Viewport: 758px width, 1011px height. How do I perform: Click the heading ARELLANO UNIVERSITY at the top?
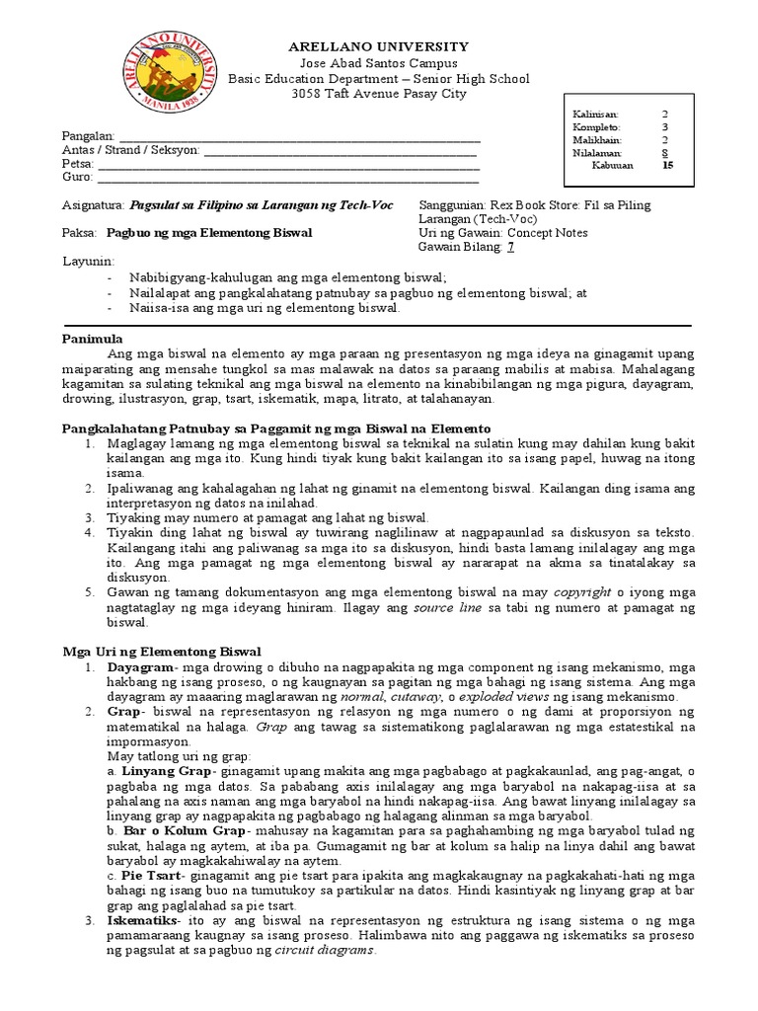coord(378,47)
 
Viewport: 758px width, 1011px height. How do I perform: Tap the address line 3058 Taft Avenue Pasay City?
coord(379,95)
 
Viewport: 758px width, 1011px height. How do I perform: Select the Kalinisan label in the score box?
coord(594,115)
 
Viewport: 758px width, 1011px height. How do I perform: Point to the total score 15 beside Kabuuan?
coord(667,167)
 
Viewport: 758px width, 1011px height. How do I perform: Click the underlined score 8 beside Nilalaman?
coord(664,154)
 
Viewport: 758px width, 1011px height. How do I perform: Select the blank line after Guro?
coord(287,179)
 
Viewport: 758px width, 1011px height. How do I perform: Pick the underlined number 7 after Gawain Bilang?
coord(510,247)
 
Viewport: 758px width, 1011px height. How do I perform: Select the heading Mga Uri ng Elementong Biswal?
coord(162,652)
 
